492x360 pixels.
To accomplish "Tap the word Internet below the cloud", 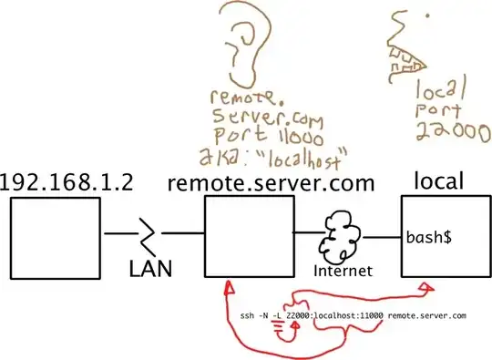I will [x=344, y=272].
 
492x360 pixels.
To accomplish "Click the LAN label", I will [x=150, y=270].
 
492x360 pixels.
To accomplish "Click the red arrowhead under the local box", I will [x=425, y=288].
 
